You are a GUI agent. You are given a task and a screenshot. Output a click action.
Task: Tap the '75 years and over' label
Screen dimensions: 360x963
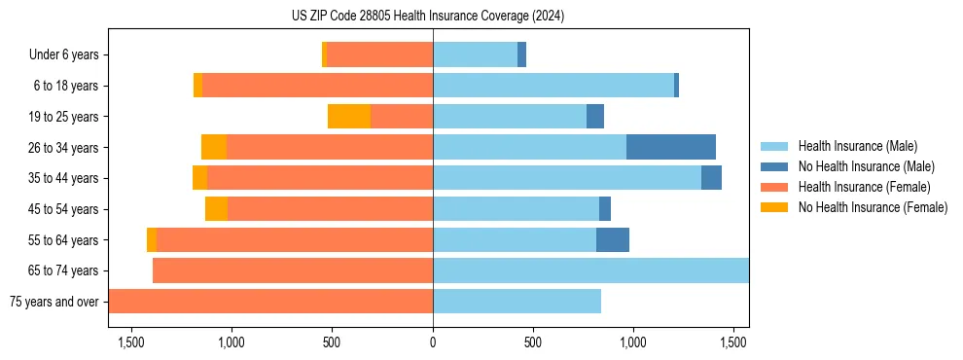(x=53, y=302)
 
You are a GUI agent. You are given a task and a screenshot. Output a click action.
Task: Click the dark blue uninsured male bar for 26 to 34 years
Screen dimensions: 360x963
(x=671, y=147)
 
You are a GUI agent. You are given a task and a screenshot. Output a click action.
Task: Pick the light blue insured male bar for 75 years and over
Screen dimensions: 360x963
(x=517, y=302)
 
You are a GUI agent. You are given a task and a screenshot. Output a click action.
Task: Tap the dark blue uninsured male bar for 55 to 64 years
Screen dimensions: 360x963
(x=613, y=239)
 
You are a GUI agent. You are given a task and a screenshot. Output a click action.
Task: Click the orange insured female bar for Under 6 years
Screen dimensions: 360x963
(x=379, y=55)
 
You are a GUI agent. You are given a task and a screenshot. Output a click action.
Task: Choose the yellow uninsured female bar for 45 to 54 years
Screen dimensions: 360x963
(x=216, y=209)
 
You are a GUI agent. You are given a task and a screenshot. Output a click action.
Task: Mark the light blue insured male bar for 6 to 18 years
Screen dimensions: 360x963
(x=553, y=86)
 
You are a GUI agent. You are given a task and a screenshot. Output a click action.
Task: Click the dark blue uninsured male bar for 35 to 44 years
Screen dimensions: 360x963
(x=711, y=178)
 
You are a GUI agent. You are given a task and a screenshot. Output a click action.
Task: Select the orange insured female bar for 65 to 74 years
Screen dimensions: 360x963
(x=293, y=270)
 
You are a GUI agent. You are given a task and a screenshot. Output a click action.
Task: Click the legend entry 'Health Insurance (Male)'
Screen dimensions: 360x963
(x=857, y=146)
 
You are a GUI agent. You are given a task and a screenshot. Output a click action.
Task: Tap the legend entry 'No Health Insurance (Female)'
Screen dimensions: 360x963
(x=873, y=207)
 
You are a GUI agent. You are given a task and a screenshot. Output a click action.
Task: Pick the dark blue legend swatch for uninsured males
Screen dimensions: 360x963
(x=774, y=166)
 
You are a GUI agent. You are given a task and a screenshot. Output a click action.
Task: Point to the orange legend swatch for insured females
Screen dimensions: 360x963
(x=774, y=187)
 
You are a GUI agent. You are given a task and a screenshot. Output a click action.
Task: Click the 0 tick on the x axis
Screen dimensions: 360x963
(x=433, y=342)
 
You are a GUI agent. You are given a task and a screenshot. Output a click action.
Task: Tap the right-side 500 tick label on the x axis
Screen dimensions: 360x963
(x=533, y=342)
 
